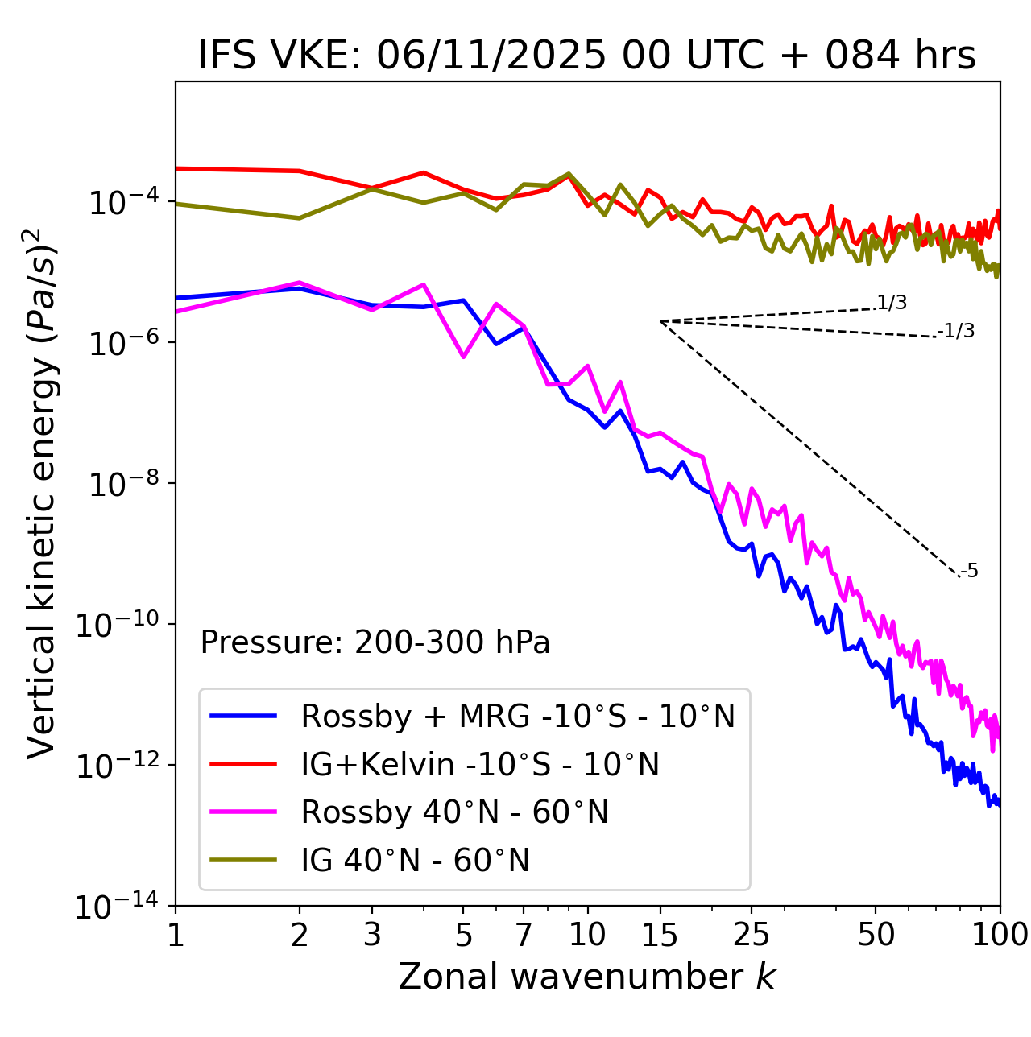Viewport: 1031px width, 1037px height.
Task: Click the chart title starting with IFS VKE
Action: coord(587,56)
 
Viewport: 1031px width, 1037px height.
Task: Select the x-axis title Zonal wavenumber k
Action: coord(586,976)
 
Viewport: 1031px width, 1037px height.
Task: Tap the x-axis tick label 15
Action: coord(660,935)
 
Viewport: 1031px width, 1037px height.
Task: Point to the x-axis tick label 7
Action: coord(524,935)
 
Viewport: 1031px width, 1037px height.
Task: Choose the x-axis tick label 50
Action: coord(876,935)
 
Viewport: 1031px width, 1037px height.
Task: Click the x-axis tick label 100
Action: coord(1000,935)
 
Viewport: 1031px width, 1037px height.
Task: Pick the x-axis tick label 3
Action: coord(372,935)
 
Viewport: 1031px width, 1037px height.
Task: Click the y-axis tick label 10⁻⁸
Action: coord(122,485)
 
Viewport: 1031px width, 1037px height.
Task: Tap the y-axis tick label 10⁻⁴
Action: coord(122,203)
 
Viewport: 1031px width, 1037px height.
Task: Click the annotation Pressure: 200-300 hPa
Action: coord(375,642)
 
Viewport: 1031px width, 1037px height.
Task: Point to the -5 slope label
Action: coord(969,571)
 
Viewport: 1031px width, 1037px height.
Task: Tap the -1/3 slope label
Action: coord(957,331)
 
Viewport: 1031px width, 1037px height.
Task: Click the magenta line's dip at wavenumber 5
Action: coord(463,356)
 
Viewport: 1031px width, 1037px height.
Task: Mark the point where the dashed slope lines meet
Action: coord(660,321)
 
